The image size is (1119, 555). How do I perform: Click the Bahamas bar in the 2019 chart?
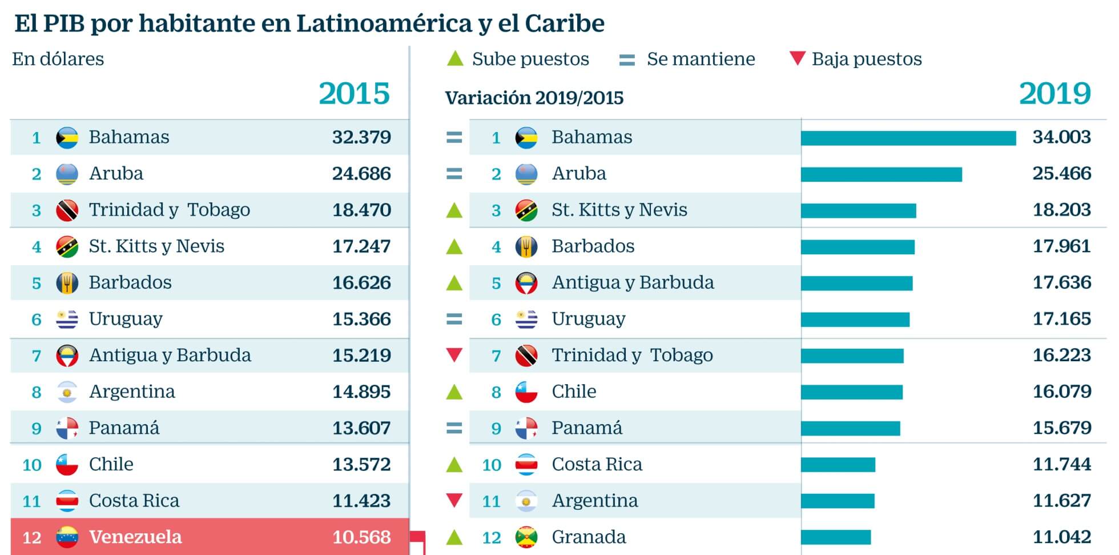tap(908, 138)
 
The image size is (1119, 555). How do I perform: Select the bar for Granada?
tap(836, 537)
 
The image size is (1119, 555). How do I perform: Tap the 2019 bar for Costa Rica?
tap(838, 465)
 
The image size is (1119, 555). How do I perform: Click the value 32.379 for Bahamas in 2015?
tap(361, 137)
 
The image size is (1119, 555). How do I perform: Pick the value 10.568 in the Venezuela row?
tap(361, 537)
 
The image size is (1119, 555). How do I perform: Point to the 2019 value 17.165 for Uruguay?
tap(1061, 319)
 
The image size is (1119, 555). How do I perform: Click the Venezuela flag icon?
tap(67, 537)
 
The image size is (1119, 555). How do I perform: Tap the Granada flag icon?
tap(526, 537)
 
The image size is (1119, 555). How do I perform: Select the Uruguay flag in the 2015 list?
tap(67, 319)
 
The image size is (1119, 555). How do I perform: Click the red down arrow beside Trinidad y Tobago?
tap(454, 355)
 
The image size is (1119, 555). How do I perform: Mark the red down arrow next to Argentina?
tap(454, 501)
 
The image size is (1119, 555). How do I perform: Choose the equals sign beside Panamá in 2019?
tap(454, 428)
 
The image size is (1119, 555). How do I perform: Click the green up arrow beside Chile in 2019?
tap(454, 392)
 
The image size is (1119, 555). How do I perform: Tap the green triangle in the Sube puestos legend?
tap(454, 58)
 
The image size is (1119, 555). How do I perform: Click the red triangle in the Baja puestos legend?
tap(797, 58)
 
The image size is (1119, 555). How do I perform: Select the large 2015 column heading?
tap(354, 94)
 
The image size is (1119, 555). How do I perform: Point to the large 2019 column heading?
tap(1054, 94)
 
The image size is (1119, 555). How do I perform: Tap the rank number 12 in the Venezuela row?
tap(32, 537)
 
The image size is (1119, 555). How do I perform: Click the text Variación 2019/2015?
tap(534, 98)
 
